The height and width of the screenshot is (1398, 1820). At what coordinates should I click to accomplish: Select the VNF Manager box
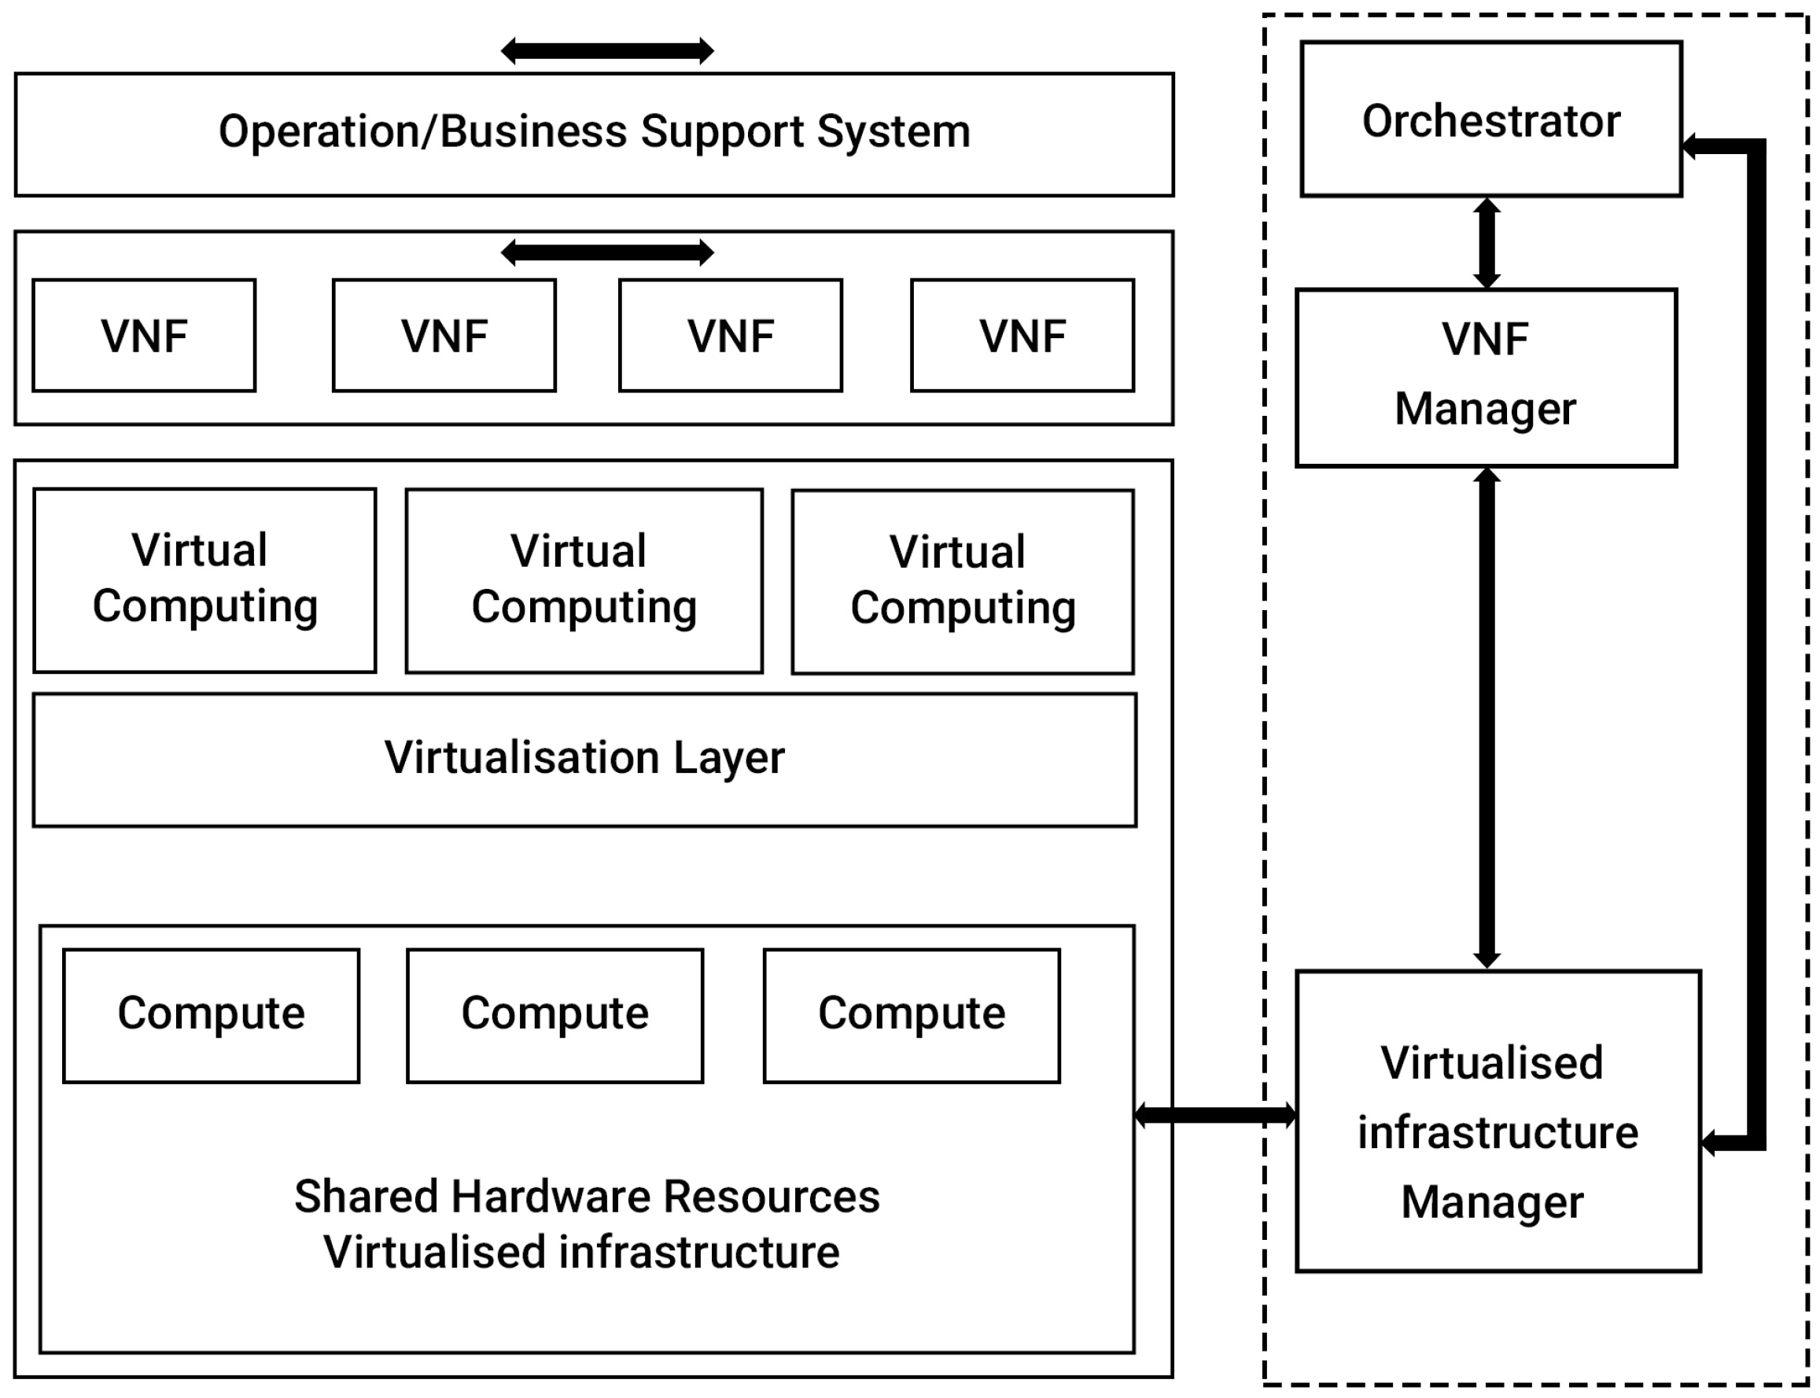(1486, 377)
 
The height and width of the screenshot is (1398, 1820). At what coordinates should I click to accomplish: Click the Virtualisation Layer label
(584, 758)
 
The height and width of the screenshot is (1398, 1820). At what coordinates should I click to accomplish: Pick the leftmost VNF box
(144, 336)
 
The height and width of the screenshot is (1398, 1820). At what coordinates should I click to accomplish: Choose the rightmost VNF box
(1022, 336)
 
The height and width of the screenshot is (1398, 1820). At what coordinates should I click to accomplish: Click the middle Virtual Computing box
(584, 580)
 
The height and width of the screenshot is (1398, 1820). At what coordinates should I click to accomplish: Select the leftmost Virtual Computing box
(204, 579)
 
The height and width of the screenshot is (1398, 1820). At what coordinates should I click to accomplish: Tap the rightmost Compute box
(912, 1014)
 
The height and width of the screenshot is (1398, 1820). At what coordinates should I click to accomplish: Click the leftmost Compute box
(212, 1014)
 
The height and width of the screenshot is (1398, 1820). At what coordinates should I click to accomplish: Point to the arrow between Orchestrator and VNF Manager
(1487, 242)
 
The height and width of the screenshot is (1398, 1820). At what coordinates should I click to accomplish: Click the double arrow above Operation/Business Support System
(606, 51)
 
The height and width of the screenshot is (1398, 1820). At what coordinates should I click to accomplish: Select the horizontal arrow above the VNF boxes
(606, 252)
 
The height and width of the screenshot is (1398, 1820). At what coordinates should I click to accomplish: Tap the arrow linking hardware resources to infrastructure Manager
(1215, 1114)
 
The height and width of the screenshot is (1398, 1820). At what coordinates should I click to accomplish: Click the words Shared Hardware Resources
(587, 1197)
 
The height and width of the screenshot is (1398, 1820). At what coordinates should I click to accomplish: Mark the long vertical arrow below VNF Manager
(1487, 717)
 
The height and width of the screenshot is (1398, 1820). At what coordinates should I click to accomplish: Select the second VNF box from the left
(444, 336)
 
